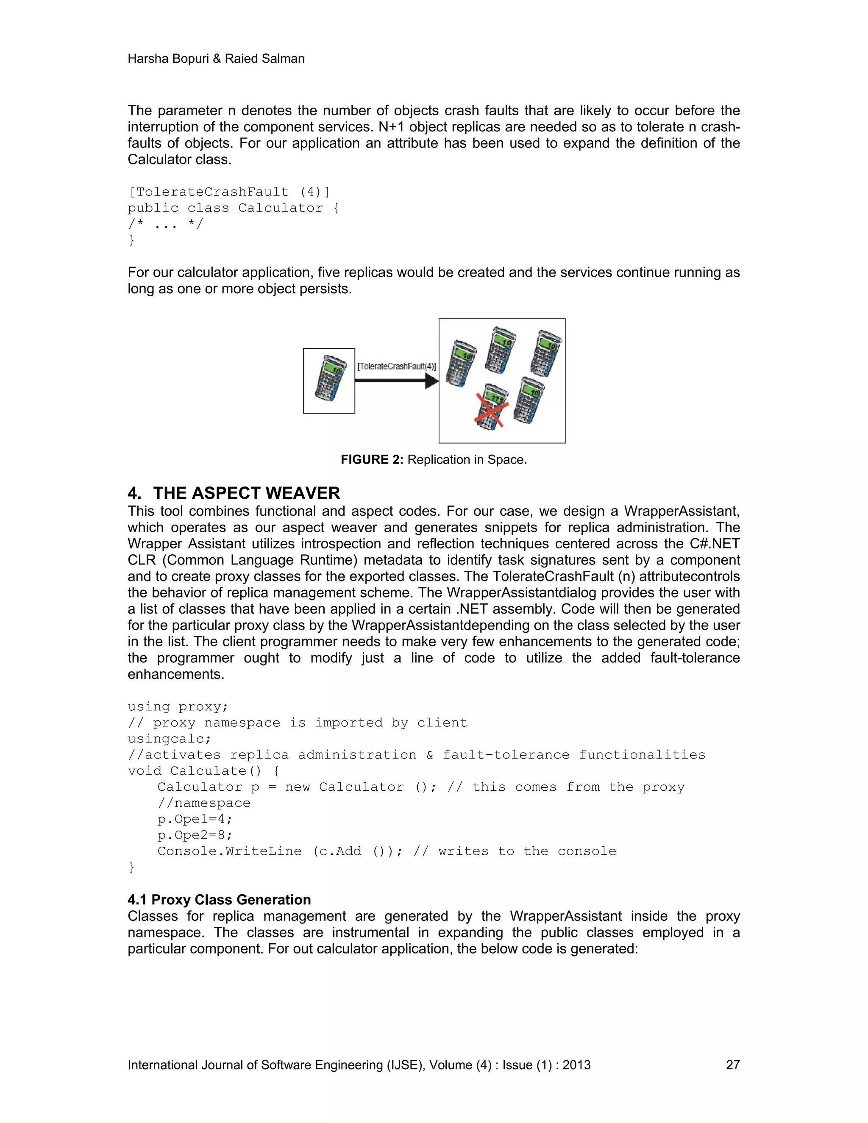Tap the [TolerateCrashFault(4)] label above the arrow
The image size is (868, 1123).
coord(396,366)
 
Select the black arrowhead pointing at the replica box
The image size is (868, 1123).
coord(431,381)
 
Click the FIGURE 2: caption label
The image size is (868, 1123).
coord(372,460)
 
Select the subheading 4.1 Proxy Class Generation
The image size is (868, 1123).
coord(219,899)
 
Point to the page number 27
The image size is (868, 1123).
coord(732,1065)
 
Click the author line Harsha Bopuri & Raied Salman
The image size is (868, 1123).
coord(216,58)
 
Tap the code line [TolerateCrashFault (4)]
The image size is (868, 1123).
coord(229,192)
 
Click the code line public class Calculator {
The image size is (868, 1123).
coord(233,208)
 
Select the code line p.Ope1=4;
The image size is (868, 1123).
coord(195,819)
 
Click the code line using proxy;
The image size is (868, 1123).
coord(178,706)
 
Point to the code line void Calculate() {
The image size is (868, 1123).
coord(203,771)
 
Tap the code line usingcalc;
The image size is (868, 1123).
coord(169,739)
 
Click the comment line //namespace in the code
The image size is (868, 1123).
coord(204,803)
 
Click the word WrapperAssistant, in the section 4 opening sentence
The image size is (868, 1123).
coord(682,511)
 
